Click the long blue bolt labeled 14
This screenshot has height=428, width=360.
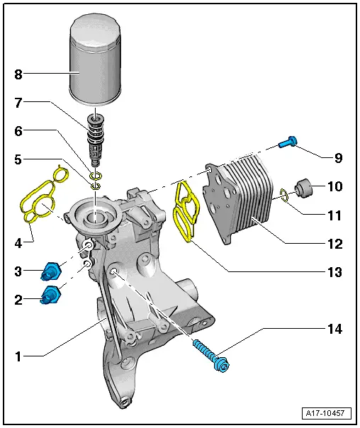210,356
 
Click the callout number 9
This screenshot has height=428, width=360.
338,157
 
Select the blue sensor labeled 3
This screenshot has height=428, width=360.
52,271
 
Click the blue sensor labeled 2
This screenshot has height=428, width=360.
51,295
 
